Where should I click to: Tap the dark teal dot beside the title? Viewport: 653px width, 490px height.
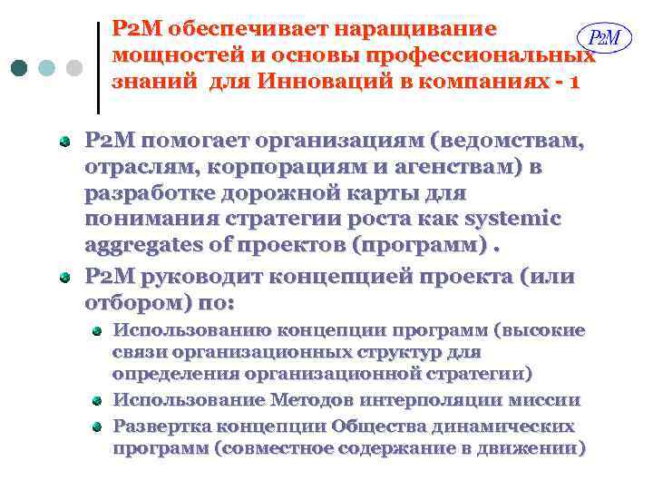20,69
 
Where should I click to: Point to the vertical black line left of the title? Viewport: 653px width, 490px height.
97,67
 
